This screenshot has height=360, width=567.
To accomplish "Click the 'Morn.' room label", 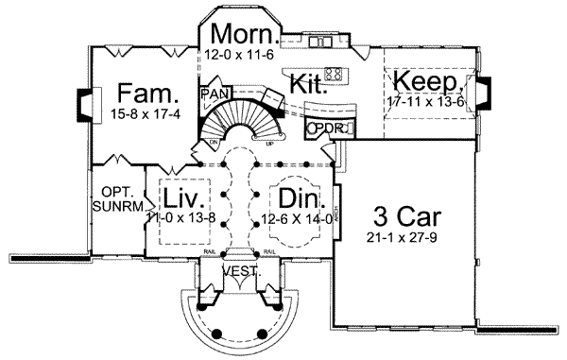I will (x=245, y=35).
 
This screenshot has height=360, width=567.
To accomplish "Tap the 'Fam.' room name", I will (x=145, y=94).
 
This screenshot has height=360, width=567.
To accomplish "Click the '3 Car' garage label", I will (x=403, y=210).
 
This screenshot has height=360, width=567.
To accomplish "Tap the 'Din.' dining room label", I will (x=297, y=199).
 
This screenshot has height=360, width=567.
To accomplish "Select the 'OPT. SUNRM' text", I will (x=117, y=196).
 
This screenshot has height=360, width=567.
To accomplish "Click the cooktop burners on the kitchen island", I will (x=334, y=73).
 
